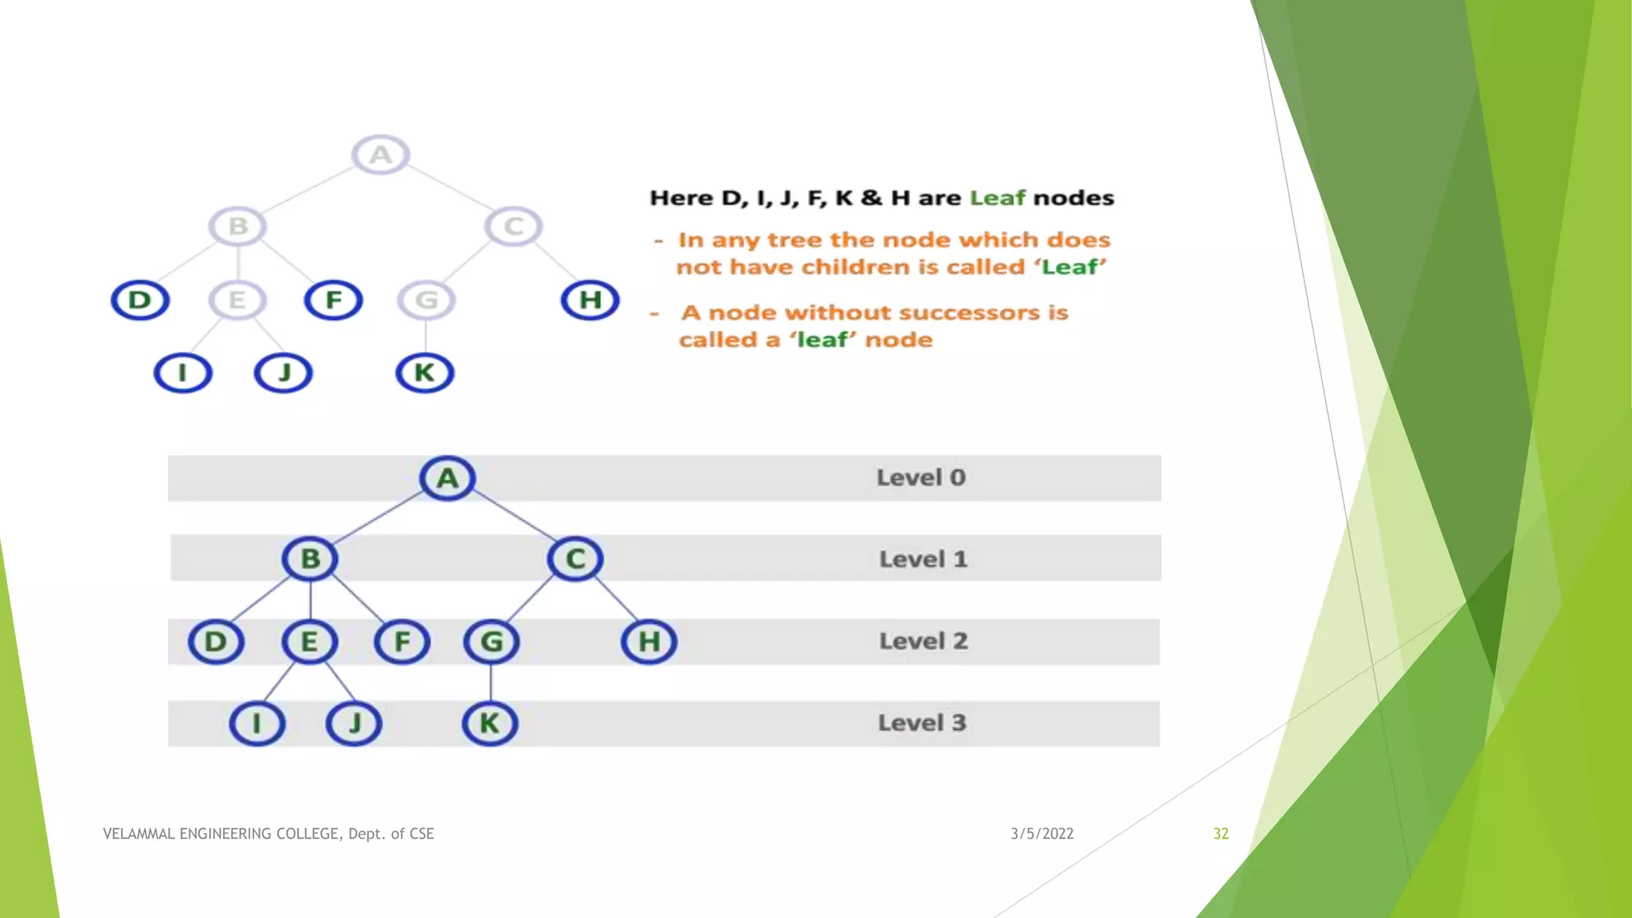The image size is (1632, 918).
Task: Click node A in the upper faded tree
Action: point(381,155)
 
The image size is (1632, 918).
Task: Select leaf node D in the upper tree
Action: point(140,300)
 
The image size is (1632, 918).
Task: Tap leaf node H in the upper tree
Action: point(590,300)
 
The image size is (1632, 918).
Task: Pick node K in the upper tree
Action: point(425,373)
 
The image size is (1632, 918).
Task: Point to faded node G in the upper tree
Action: point(426,300)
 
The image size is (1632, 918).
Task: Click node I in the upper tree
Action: point(182,373)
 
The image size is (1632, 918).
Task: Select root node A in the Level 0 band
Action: point(448,478)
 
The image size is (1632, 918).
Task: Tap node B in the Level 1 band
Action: point(310,559)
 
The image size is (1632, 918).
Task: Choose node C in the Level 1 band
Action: point(575,559)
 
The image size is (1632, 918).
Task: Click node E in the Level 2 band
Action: point(309,641)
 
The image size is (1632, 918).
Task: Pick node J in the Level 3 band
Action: point(354,724)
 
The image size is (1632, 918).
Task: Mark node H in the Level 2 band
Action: point(649,641)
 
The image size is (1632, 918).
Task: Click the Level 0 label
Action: point(921,478)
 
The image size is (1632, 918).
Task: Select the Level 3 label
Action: point(922,724)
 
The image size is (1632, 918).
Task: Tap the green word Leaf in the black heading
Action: point(997,198)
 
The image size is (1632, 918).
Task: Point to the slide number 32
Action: point(1221,834)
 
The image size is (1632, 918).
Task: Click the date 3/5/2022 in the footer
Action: point(1042,834)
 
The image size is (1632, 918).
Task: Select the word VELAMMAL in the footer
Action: point(139,834)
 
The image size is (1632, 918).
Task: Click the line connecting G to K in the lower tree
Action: point(491,682)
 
